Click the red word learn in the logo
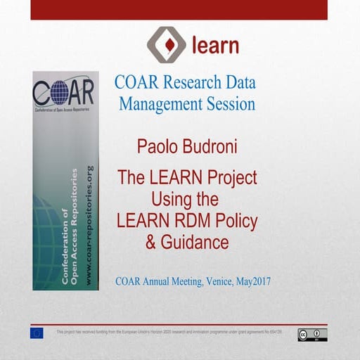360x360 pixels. click(x=215, y=46)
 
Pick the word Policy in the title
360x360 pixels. click(x=236, y=220)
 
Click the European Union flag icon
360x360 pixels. click(x=37, y=333)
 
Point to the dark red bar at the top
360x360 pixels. click(x=180, y=9)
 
